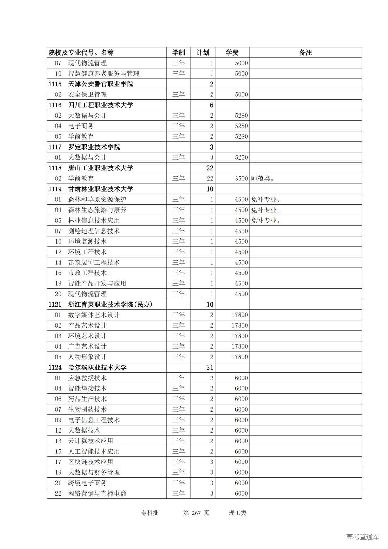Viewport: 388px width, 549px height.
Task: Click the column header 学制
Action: pyautogui.click(x=179, y=52)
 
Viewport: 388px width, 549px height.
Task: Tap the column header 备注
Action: pyautogui.click(x=305, y=52)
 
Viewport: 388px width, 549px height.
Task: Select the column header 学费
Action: pyautogui.click(x=232, y=52)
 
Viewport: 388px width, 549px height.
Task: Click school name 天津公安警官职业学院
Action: pyautogui.click(x=100, y=84)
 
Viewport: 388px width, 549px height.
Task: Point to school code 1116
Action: pyautogui.click(x=55, y=105)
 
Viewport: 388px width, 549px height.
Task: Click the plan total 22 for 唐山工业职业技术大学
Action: pyautogui.click(x=210, y=168)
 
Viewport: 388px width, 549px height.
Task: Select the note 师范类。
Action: pyautogui.click(x=262, y=179)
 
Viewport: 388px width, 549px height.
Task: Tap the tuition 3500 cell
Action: pyautogui.click(x=241, y=179)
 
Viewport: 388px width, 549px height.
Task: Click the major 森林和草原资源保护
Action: pyautogui.click(x=97, y=200)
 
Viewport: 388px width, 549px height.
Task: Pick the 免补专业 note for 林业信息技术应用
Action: pyautogui.click(x=266, y=221)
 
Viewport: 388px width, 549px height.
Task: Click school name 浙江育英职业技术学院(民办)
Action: pyautogui.click(x=110, y=305)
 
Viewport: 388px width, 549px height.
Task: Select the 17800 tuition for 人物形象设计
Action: pyautogui.click(x=239, y=357)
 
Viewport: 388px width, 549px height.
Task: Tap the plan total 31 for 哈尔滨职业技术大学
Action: pyautogui.click(x=210, y=368)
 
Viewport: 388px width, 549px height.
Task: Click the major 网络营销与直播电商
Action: pyautogui.click(x=97, y=493)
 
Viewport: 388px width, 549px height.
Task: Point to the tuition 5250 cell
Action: pyautogui.click(x=241, y=157)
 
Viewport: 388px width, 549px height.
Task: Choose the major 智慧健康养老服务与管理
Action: pyautogui.click(x=103, y=73)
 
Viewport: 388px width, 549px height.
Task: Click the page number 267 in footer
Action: pyautogui.click(x=196, y=513)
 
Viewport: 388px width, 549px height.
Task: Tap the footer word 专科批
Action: pyautogui.click(x=149, y=513)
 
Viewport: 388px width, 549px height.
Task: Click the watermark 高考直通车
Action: pyautogui.click(x=363, y=537)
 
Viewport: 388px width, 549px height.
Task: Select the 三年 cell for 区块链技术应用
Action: pyautogui.click(x=179, y=462)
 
